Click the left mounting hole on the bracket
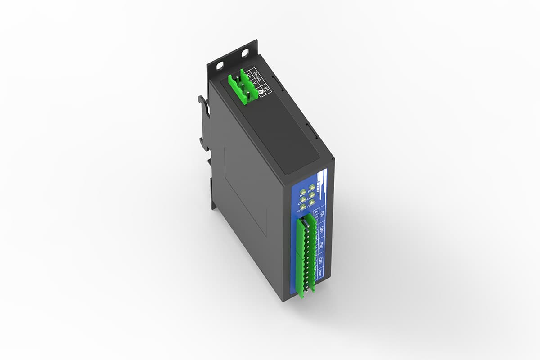[219, 66]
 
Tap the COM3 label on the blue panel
[319, 261]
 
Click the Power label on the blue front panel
[318, 274]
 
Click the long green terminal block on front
[305, 256]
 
